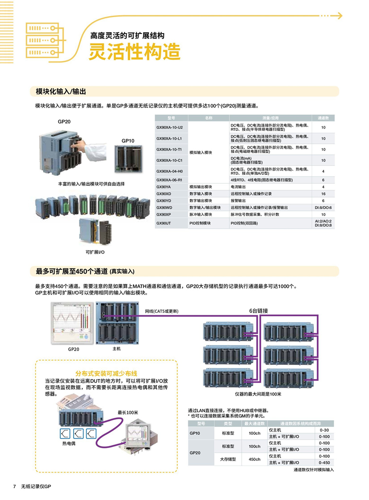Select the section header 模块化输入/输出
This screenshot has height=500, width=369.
click(61, 91)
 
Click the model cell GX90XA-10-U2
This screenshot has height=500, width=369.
click(169, 128)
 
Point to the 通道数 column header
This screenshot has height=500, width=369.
click(323, 117)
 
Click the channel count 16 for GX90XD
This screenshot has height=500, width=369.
click(323, 194)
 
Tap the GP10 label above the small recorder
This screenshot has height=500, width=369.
click(128, 141)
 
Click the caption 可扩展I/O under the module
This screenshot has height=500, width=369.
click(95, 252)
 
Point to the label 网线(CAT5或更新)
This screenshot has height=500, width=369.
click(162, 311)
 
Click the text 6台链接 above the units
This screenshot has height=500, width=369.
click(259, 310)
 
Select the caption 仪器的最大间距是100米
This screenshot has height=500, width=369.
click(258, 394)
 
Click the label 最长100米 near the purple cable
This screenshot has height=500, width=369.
click(128, 413)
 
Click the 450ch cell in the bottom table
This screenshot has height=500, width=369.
click(255, 459)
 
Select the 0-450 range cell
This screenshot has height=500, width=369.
click(324, 463)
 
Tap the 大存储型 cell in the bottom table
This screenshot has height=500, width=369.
click(228, 459)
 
